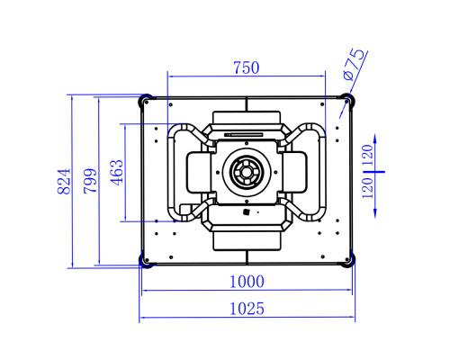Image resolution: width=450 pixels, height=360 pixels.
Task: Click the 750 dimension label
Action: (x=247, y=67)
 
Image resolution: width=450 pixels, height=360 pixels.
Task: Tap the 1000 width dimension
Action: (x=247, y=282)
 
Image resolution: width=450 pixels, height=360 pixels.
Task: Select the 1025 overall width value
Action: (x=247, y=309)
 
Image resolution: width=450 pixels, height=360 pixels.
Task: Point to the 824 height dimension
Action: (x=64, y=181)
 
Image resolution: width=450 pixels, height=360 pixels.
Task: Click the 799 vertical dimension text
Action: (x=90, y=181)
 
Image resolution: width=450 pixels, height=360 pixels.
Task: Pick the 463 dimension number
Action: (x=116, y=173)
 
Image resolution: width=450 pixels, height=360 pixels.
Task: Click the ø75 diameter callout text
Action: (x=355, y=65)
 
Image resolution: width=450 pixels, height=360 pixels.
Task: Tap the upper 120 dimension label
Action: (x=367, y=156)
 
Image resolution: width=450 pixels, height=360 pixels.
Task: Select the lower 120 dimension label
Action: (x=367, y=188)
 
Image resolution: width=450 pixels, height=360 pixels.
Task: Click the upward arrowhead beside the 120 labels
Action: (x=375, y=139)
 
